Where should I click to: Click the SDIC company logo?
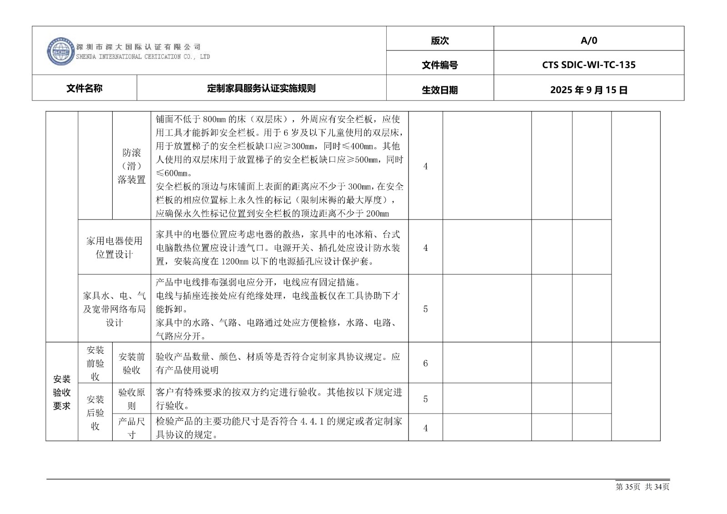pos(61,51)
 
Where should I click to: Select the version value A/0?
pos(589,40)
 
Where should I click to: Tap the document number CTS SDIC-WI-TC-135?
pos(589,65)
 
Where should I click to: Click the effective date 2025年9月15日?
pos(589,90)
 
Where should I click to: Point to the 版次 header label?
pos(440,40)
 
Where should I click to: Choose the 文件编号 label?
pos(440,65)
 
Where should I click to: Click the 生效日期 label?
pos(440,90)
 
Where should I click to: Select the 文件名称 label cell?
pos(85,88)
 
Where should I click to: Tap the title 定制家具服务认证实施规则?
pos(261,88)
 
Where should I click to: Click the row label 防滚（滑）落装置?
pos(132,166)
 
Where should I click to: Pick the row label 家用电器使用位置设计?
pos(114,247)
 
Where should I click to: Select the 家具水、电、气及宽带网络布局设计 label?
pos(114,309)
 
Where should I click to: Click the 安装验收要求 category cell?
pos(62,392)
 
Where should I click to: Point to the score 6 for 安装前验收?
pos(425,363)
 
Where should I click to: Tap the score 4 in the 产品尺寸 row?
pos(425,428)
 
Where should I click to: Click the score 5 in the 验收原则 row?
pos(425,399)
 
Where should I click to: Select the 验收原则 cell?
pos(132,399)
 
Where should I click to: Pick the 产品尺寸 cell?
pos(132,428)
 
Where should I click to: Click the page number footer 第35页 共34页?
pos(642,487)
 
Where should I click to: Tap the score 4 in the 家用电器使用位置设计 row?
pos(425,248)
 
